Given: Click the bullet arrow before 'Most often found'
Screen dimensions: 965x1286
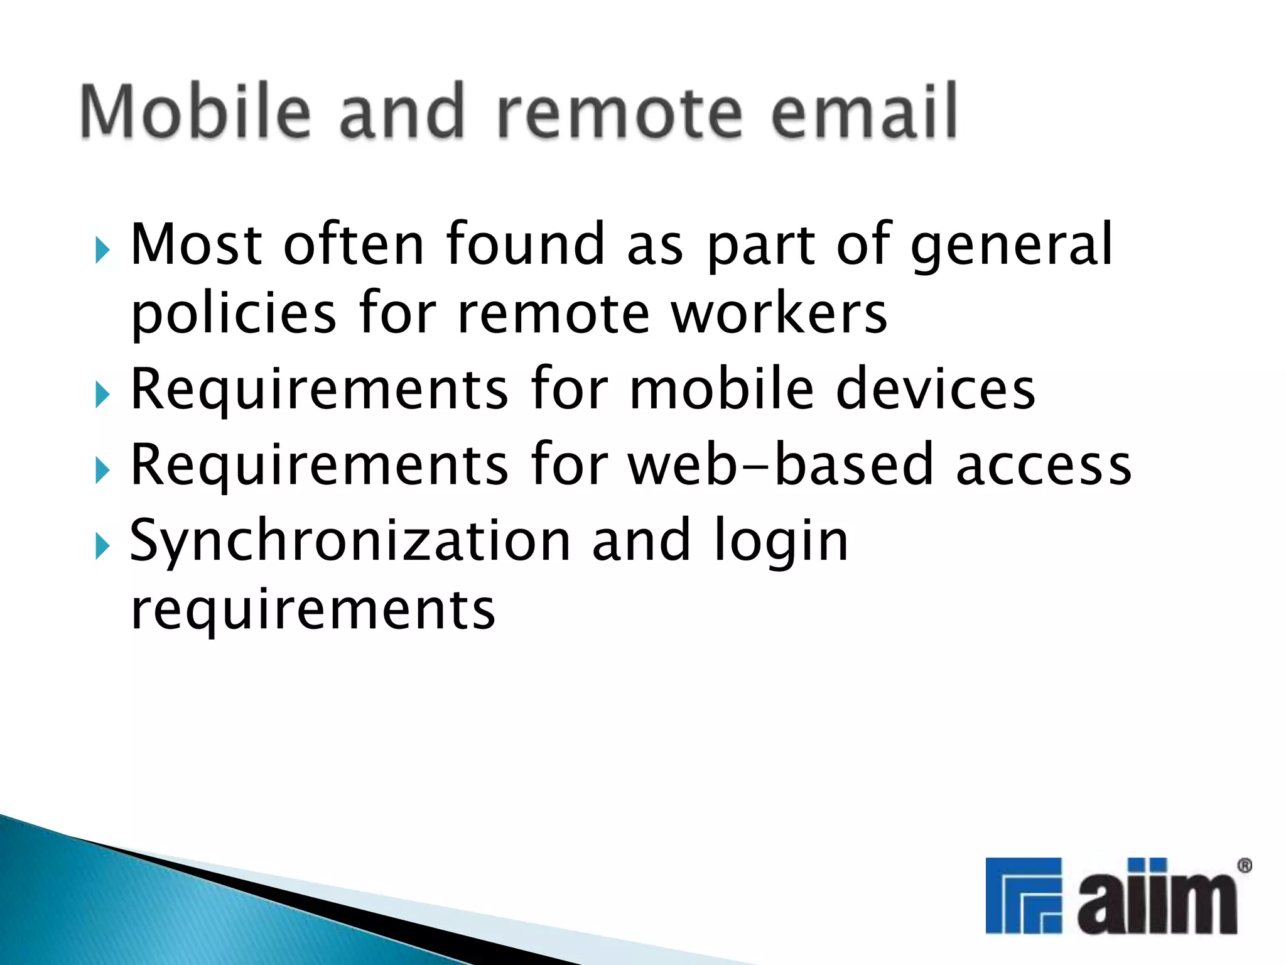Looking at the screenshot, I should [x=102, y=251].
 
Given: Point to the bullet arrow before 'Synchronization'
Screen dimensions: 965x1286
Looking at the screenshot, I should [x=102, y=546].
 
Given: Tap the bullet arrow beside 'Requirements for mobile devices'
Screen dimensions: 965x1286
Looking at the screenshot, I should [x=102, y=395].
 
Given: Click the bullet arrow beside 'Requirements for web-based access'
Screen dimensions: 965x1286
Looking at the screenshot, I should [x=102, y=471].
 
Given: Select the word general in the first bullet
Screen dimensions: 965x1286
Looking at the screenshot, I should [x=1012, y=246].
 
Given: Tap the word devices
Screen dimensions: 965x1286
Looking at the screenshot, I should [x=936, y=390].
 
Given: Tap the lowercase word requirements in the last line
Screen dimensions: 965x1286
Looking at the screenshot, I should [x=313, y=611].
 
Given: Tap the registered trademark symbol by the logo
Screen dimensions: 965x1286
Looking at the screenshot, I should [x=1244, y=866].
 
